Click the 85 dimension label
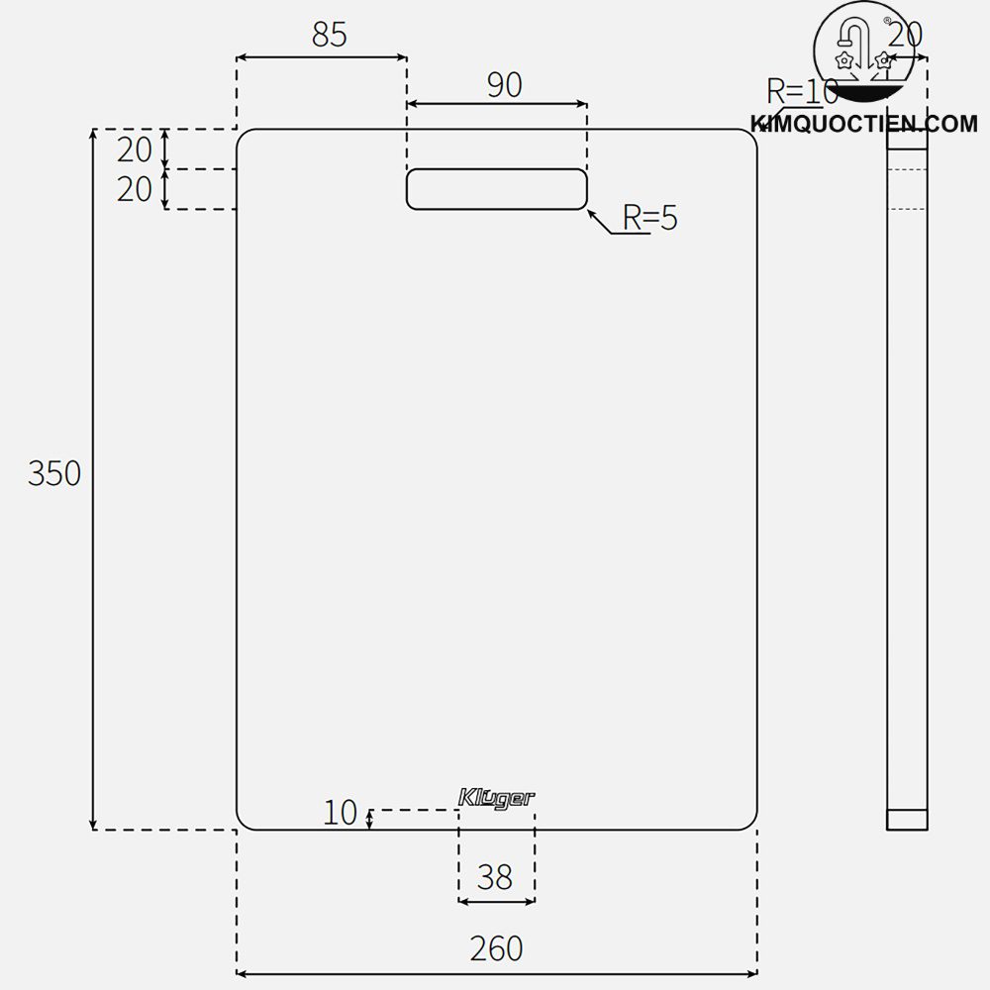[330, 35]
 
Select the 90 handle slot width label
[504, 85]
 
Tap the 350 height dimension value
[54, 474]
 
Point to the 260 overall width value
[496, 948]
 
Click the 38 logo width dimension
[495, 876]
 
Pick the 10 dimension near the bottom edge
[340, 813]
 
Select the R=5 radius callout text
[649, 218]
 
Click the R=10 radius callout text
[802, 92]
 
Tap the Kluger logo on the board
[497, 798]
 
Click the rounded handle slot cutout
[497, 189]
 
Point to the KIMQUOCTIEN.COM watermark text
[864, 125]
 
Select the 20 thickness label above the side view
[904, 35]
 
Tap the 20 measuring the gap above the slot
[135, 149]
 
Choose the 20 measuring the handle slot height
[135, 188]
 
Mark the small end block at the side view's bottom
[907, 819]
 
